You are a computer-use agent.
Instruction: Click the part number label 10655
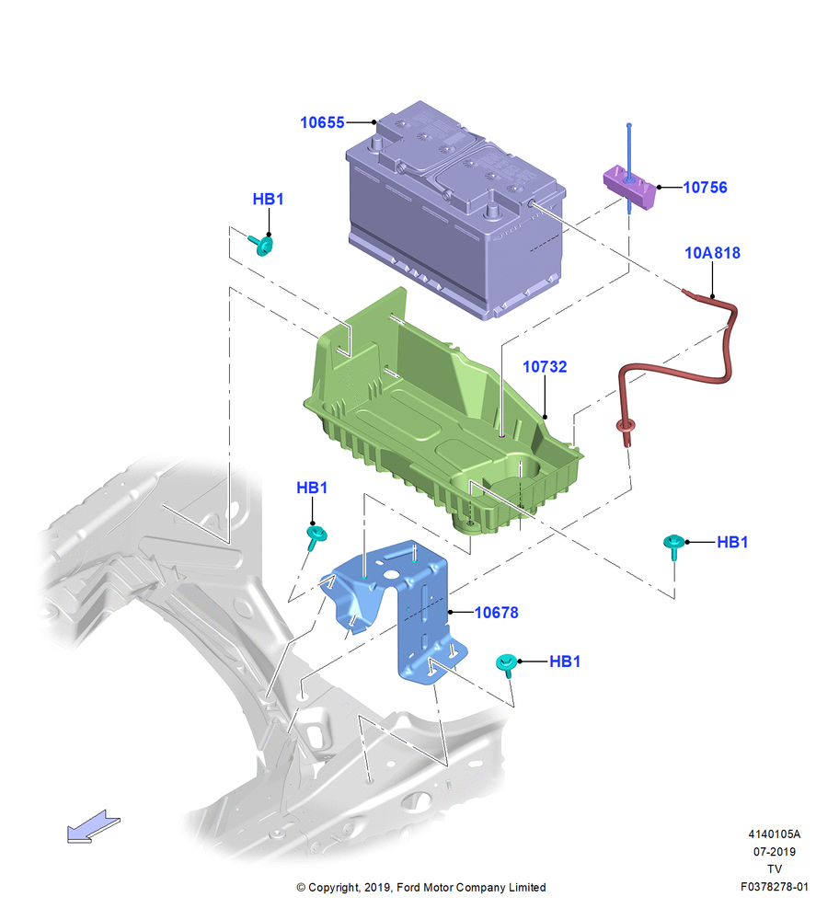[322, 122]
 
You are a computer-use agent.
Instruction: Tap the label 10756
[706, 187]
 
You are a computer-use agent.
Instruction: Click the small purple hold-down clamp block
[629, 187]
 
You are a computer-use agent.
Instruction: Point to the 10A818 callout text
[712, 253]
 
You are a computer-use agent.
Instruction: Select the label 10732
[545, 367]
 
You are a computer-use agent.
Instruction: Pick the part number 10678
[497, 613]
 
